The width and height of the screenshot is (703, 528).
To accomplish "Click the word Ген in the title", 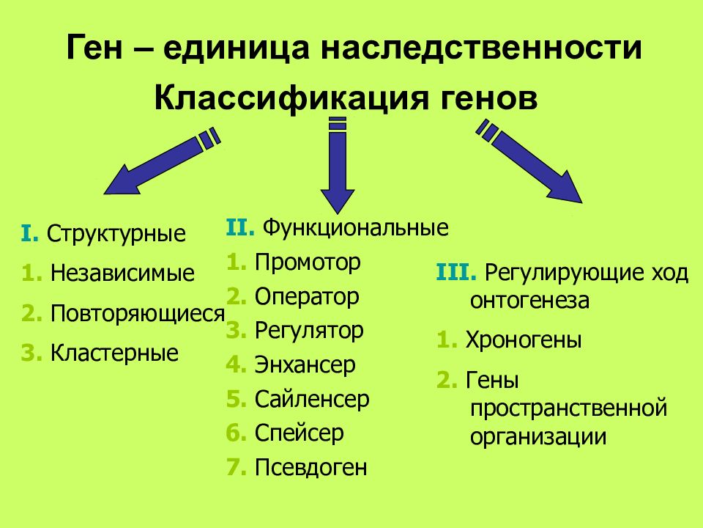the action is pyautogui.click(x=94, y=47).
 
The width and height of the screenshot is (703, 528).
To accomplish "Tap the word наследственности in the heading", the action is pyautogui.click(x=482, y=47).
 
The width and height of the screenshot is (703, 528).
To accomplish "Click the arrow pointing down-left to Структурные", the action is pyautogui.click(x=163, y=161).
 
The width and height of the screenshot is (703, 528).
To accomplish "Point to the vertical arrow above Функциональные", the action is pyautogui.click(x=338, y=165).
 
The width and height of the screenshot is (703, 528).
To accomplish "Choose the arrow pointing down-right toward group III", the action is pyautogui.click(x=529, y=161).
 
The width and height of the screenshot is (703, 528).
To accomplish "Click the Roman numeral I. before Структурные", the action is pyautogui.click(x=29, y=233).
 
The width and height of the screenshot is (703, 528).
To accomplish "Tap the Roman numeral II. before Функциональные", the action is pyautogui.click(x=240, y=227).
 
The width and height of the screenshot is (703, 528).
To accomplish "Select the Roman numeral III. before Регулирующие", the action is pyautogui.click(x=456, y=273).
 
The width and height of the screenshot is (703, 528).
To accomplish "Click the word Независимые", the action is pyautogui.click(x=122, y=273).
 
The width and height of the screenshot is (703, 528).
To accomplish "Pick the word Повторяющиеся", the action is pyautogui.click(x=137, y=313).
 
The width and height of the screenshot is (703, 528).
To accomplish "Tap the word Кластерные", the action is pyautogui.click(x=114, y=353).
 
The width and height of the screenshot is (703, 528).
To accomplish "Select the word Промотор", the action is pyautogui.click(x=308, y=263).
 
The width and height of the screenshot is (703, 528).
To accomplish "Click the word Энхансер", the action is pyautogui.click(x=305, y=364).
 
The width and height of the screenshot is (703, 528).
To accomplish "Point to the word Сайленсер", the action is pyautogui.click(x=312, y=399).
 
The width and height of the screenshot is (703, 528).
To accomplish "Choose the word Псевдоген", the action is pyautogui.click(x=311, y=467).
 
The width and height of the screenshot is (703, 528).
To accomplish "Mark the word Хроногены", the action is pyautogui.click(x=524, y=340).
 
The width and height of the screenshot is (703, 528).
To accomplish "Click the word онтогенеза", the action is pyautogui.click(x=529, y=301).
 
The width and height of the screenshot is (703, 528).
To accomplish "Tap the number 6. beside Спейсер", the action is pyautogui.click(x=237, y=433).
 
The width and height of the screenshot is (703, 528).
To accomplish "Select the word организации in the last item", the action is pyautogui.click(x=538, y=437).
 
